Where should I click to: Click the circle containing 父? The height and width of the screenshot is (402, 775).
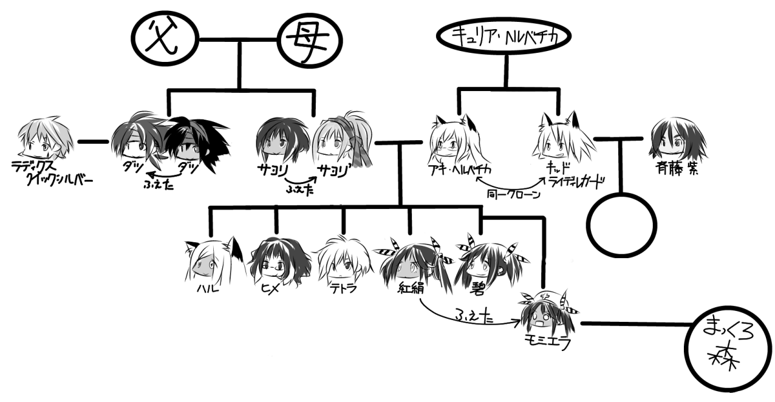pyautogui.click(x=163, y=41)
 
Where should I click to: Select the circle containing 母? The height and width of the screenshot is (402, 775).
pyautogui.click(x=309, y=41)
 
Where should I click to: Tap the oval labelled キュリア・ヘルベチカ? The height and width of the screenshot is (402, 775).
pyautogui.click(x=505, y=37)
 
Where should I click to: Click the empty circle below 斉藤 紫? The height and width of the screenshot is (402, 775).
pyautogui.click(x=622, y=225)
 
